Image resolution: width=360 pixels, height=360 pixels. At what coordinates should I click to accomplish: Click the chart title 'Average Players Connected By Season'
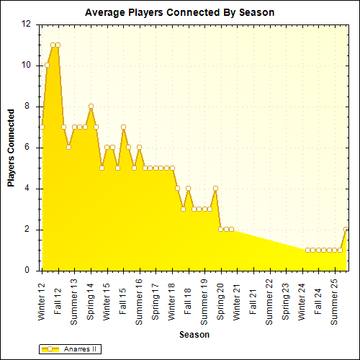coord(179,13)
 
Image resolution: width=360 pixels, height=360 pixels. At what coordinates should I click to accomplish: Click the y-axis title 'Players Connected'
coord(12,148)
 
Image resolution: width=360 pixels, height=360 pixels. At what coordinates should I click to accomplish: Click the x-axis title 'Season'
coord(194,335)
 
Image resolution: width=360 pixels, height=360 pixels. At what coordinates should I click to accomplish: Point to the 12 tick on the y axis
coord(26,24)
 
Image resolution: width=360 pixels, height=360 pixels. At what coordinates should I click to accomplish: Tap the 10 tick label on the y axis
coord(26,65)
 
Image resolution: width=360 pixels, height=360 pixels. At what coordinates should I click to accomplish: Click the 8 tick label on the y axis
coord(28,107)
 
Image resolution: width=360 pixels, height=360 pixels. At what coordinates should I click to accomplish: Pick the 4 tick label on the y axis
coord(28,189)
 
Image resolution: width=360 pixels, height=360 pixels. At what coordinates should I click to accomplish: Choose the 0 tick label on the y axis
coord(28,271)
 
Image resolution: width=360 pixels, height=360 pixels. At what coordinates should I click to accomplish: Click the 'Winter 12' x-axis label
coord(42,301)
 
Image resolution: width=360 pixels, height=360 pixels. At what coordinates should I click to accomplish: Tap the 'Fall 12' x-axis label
coord(58,296)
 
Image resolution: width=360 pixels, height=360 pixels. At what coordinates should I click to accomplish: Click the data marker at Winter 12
coord(42,127)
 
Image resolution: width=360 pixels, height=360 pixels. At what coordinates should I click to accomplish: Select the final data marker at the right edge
coord(346,230)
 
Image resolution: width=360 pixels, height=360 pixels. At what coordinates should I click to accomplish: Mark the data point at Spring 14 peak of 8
coord(91,107)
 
